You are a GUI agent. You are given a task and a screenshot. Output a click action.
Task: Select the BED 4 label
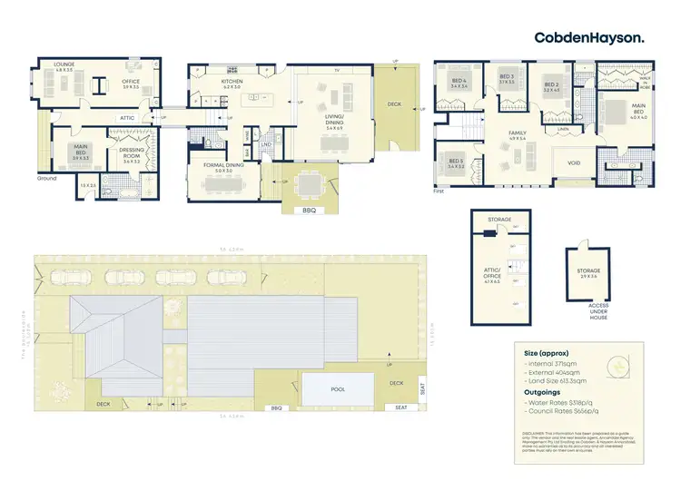click(459, 81)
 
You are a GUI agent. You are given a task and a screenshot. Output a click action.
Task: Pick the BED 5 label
click(456, 164)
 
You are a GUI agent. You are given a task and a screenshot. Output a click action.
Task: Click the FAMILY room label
click(517, 134)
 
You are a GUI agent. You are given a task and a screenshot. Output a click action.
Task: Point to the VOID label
click(574, 164)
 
